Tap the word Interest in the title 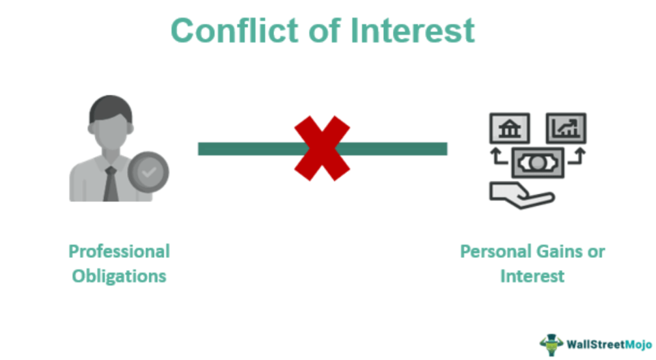tap(413, 31)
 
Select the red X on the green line tap(322, 148)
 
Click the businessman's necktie tap(111, 184)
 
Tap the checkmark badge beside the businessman tap(148, 172)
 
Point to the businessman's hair tap(110, 108)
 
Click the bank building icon tap(510, 128)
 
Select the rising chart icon tap(566, 128)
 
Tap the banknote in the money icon tap(538, 162)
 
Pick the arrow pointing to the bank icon tap(498, 156)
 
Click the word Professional tap(119, 252)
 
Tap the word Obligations tap(119, 277)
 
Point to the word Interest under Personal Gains tap(532, 277)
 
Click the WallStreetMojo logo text tap(609, 345)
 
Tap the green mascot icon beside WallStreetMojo tap(551, 345)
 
